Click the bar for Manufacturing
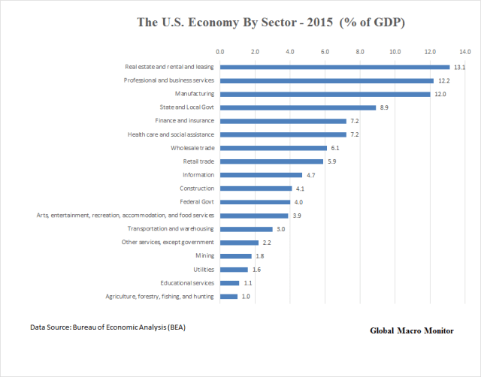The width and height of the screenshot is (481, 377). [325, 94]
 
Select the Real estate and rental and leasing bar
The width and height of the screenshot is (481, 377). [334, 67]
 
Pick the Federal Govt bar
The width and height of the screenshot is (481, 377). [255, 202]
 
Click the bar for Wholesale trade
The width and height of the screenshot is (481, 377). [274, 148]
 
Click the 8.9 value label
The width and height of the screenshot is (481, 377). [383, 107]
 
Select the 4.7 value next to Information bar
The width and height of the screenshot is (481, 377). [310, 175]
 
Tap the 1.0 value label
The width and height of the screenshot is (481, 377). [245, 297]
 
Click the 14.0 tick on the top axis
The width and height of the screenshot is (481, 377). [465, 52]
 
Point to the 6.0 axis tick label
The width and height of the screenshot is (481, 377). [325, 52]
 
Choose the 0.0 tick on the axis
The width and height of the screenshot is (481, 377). [219, 52]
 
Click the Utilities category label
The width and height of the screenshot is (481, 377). [203, 270]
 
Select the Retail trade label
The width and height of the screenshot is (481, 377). [198, 161]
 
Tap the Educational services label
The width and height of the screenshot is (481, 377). [185, 283]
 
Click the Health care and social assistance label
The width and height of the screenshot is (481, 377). [171, 134]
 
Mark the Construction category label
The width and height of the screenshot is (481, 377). [197, 188]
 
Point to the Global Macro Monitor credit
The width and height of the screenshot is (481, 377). [412, 331]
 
